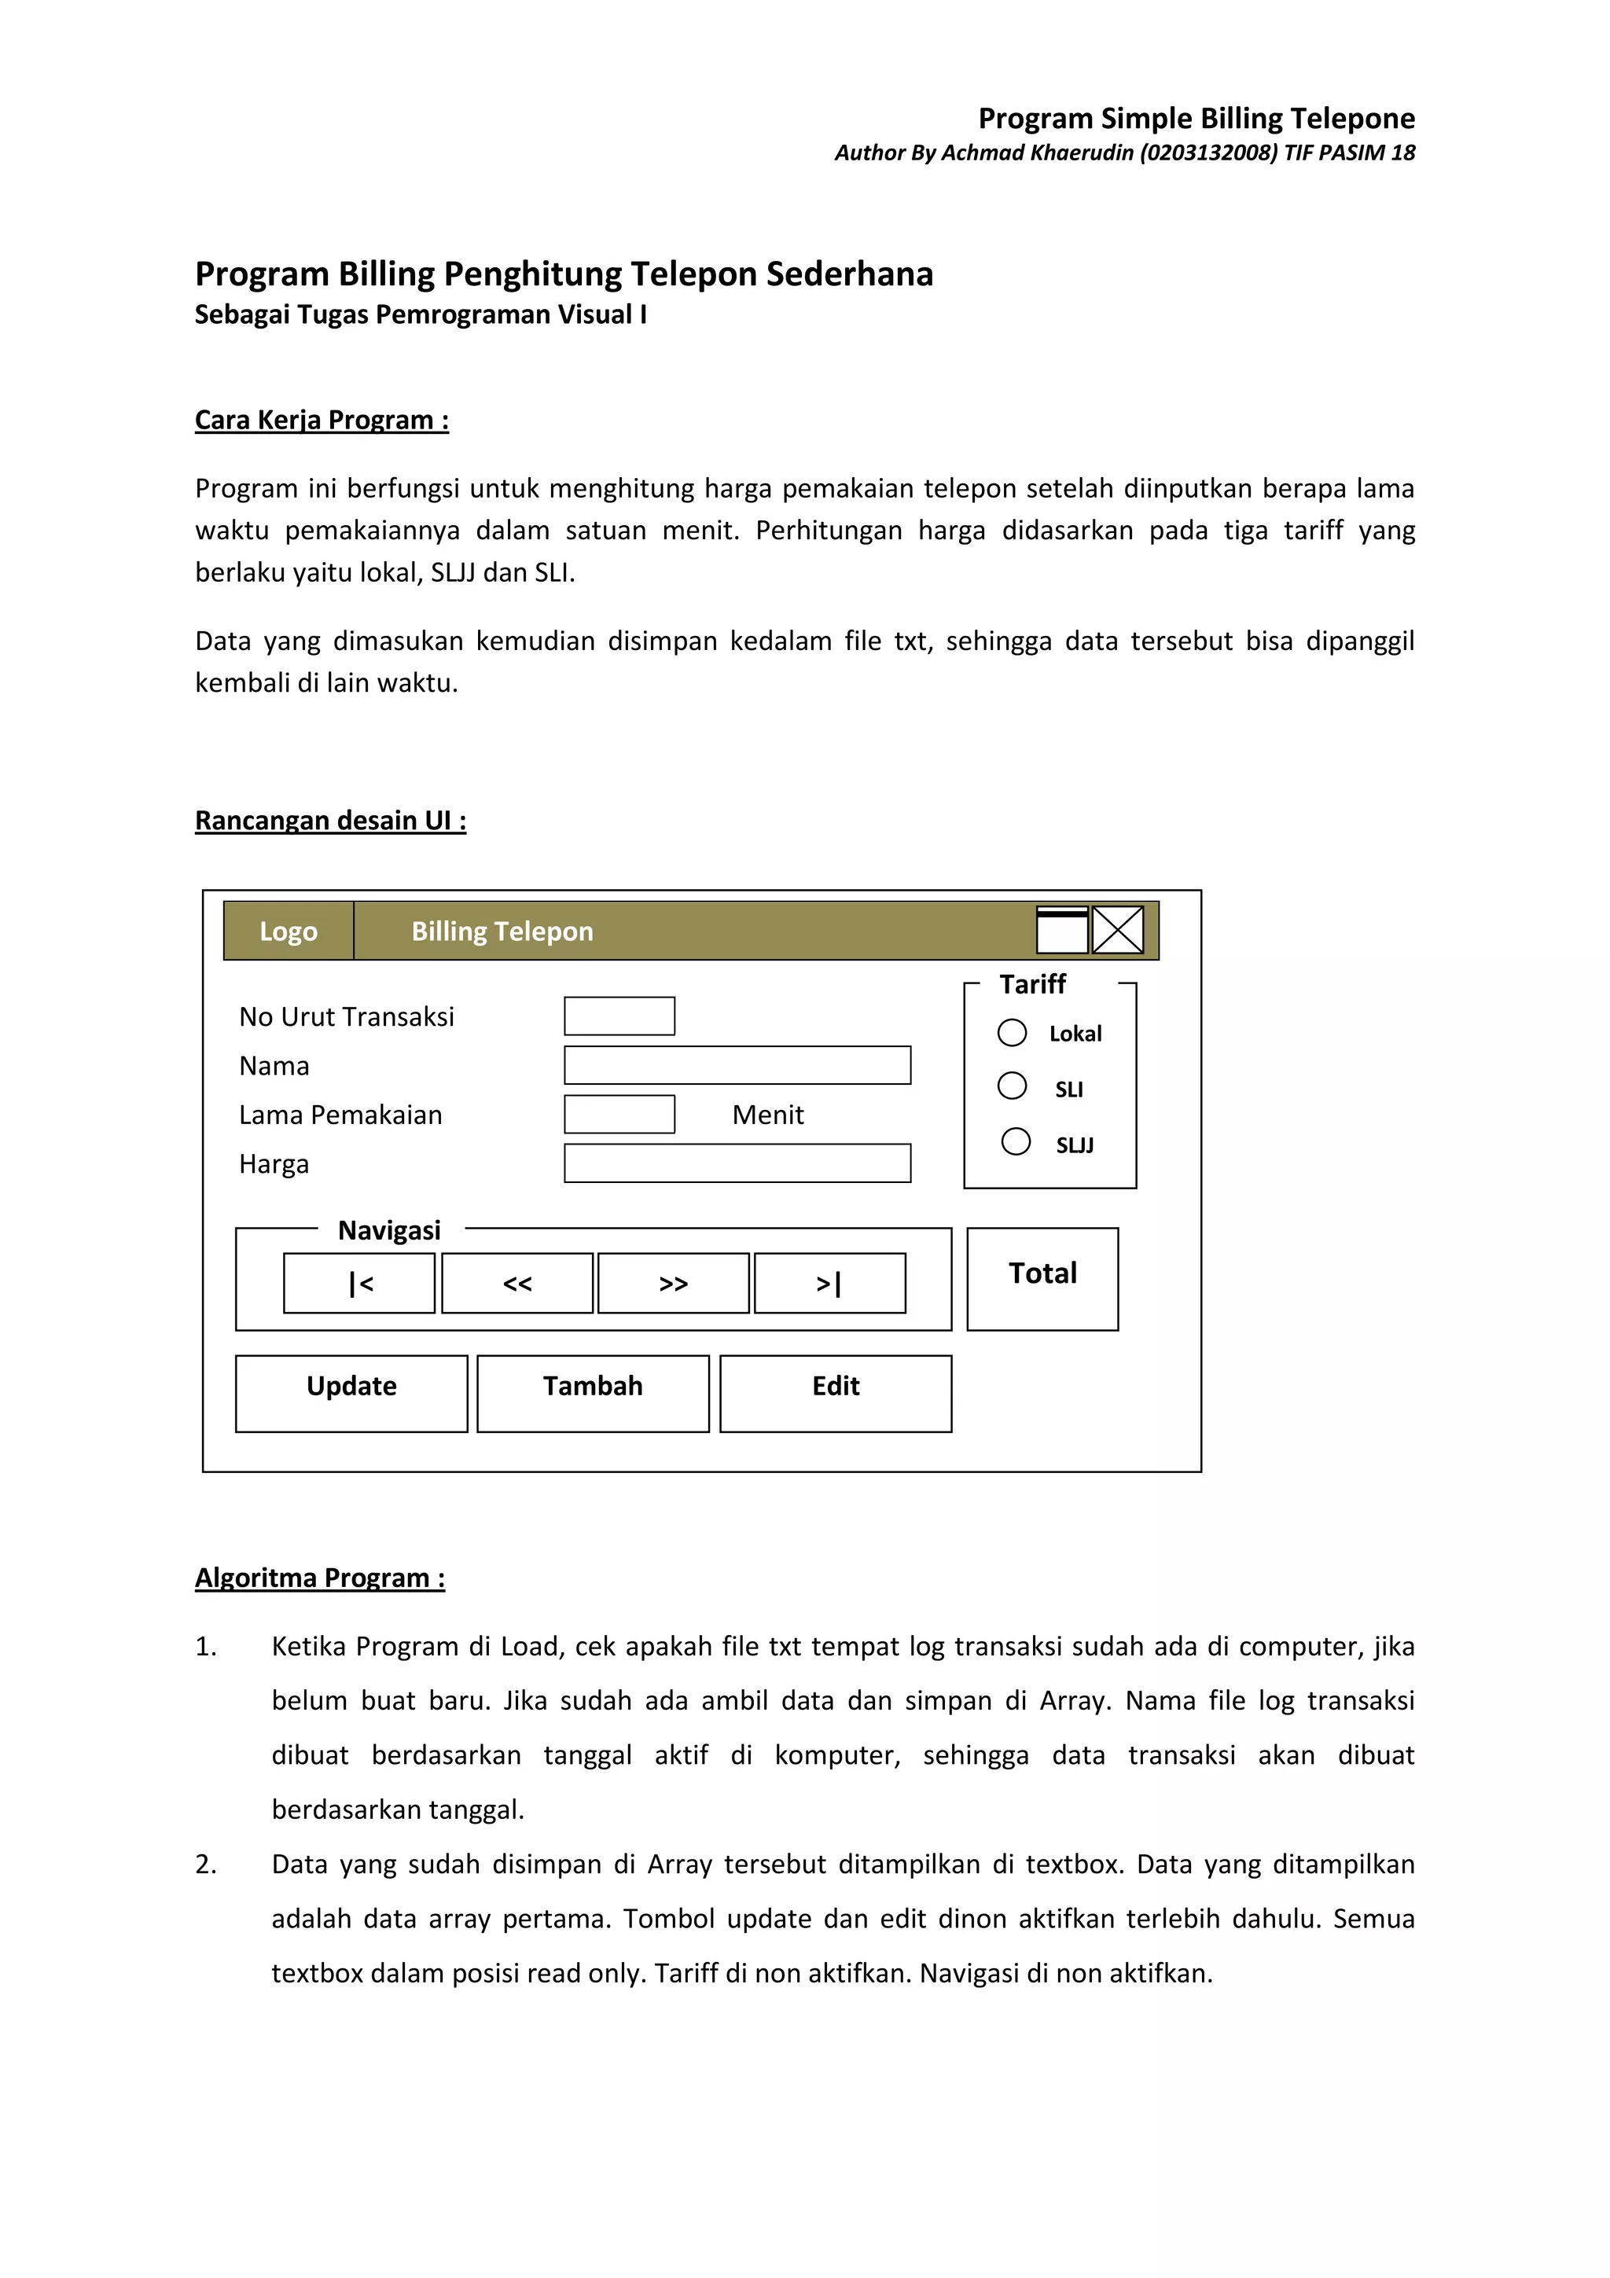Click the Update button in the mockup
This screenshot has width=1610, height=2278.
click(351, 1393)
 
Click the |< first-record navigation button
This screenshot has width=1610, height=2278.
click(359, 1283)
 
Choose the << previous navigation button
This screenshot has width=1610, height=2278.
click(516, 1283)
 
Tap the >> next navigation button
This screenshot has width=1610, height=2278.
click(674, 1283)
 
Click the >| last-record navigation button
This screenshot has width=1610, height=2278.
click(829, 1283)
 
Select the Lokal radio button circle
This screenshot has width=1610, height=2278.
click(1012, 1033)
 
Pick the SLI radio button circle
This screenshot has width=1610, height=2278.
click(1012, 1086)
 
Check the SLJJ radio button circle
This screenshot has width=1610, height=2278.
click(1016, 1141)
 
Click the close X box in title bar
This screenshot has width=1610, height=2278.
click(1118, 931)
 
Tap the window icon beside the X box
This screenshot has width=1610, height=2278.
click(1061, 931)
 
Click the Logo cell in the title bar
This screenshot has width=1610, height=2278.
click(289, 931)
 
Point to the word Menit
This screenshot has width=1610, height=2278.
click(768, 1115)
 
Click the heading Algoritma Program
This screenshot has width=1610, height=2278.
click(319, 1578)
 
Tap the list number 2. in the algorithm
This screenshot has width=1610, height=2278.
click(205, 1865)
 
